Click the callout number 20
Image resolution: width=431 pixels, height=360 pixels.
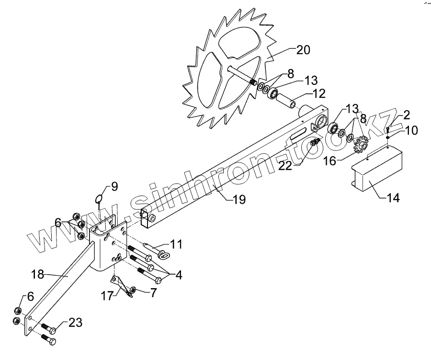pos(303,50)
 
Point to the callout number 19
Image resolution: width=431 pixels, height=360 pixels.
pos(238,199)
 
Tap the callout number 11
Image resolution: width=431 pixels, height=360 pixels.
pos(176,244)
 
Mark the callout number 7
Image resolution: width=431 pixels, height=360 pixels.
pos(153,292)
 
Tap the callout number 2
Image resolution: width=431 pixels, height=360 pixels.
pos(406,115)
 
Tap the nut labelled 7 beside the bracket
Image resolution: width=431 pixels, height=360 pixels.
pos(133,290)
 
